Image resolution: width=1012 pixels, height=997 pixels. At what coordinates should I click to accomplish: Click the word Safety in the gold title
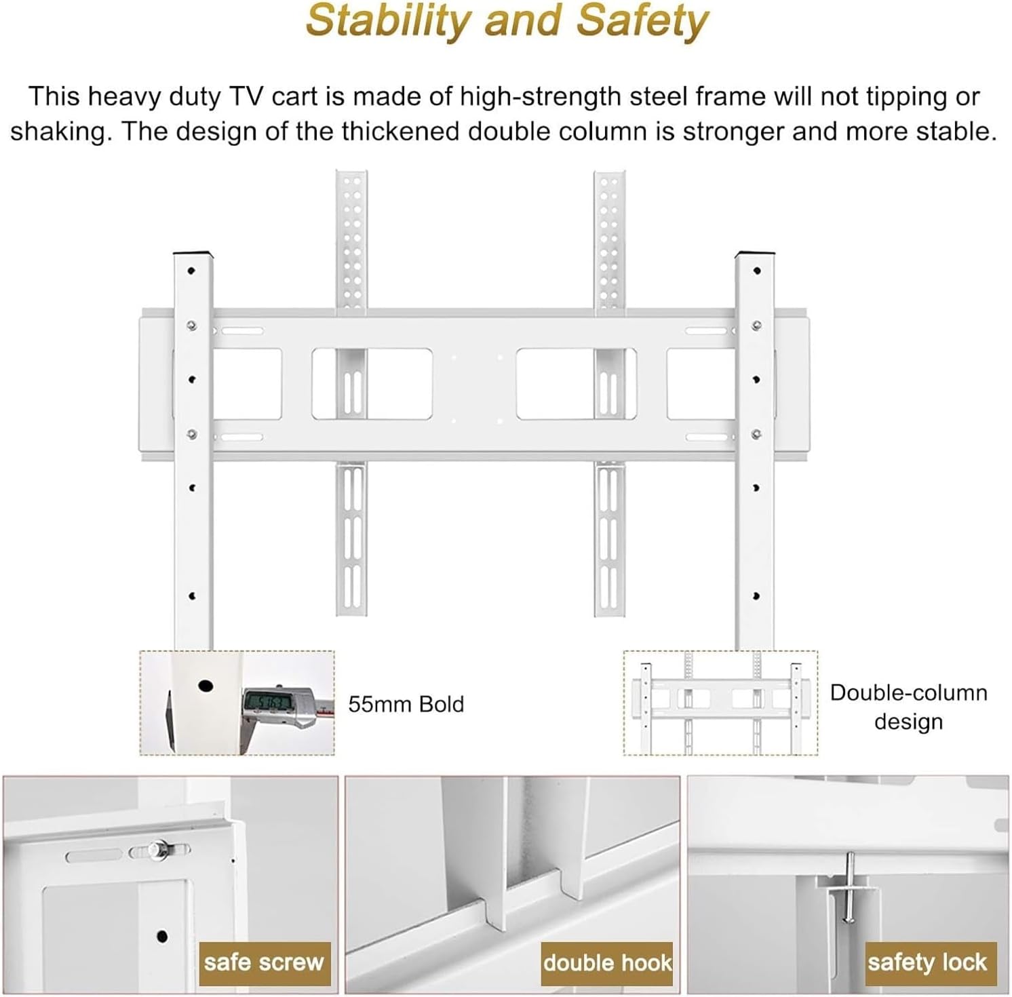tap(642, 22)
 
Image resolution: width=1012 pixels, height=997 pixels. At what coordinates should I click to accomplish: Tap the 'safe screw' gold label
tap(264, 962)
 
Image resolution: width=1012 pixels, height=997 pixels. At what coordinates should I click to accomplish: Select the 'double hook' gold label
tap(607, 962)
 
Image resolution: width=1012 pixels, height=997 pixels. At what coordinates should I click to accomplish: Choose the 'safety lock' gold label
tap(927, 962)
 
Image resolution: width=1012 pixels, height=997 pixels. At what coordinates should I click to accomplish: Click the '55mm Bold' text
tap(406, 704)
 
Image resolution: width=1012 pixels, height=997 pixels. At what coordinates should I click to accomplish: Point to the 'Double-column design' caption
tap(908, 707)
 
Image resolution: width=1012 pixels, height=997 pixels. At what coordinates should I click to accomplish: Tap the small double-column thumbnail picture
tap(720, 703)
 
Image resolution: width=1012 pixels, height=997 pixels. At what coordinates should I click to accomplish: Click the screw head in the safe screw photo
tap(159, 849)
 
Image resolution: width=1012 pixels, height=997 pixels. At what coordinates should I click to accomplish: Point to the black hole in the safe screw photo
tap(162, 937)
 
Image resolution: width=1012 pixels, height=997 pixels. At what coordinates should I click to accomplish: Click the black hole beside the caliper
tap(206, 686)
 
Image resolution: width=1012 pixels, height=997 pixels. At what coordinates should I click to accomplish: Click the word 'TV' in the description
tap(246, 97)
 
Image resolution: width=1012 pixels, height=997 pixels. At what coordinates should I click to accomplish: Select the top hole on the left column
tap(191, 271)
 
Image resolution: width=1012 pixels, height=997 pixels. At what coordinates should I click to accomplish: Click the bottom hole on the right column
tap(756, 596)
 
